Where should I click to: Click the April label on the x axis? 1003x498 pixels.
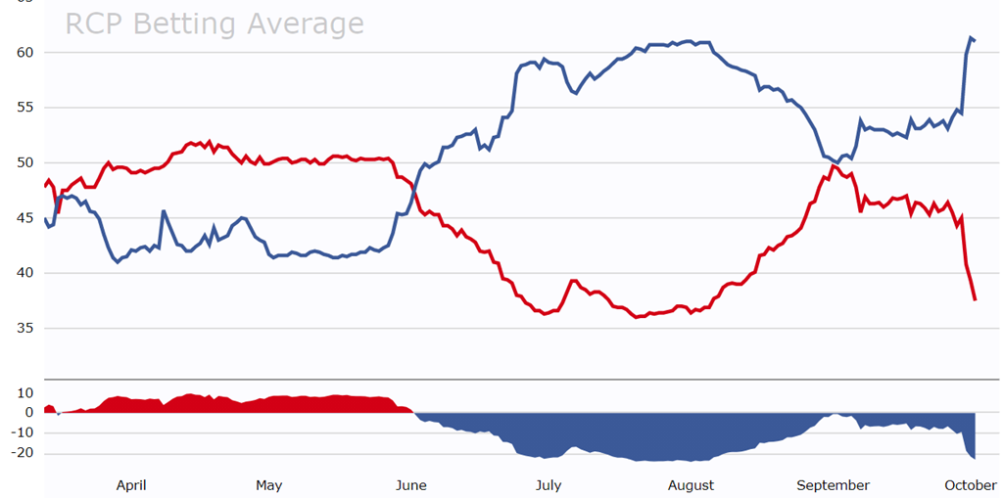coord(131,485)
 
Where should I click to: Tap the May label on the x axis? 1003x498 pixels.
coord(268,485)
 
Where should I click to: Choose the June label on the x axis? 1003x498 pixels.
coord(410,485)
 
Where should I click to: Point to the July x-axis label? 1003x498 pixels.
coord(549,485)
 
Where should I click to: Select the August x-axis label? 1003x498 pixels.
coord(691,485)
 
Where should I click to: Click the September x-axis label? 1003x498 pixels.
coord(833,485)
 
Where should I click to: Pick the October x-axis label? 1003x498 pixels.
coord(971,485)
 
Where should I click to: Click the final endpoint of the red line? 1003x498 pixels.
coord(975,299)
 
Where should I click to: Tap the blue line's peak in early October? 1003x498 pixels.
coord(970,38)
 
